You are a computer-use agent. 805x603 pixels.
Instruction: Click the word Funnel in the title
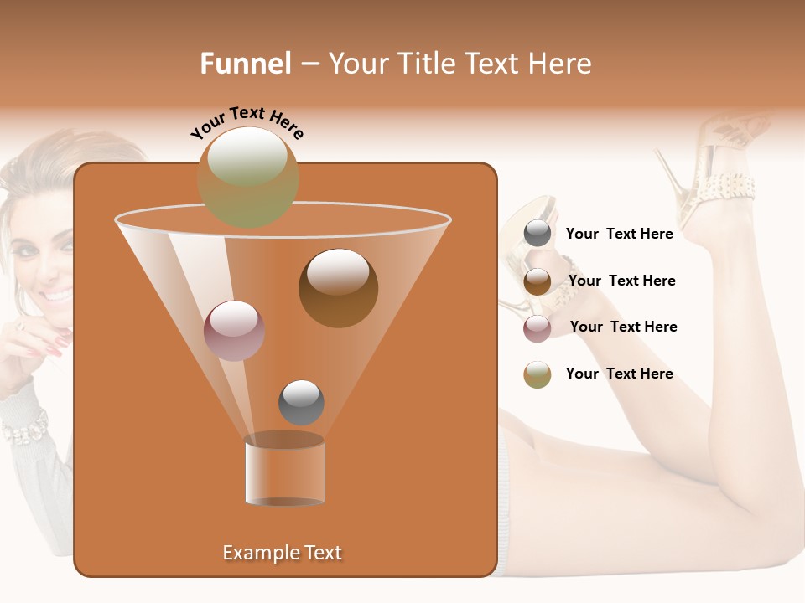pos(245,64)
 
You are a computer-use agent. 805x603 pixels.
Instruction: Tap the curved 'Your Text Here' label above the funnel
pos(247,122)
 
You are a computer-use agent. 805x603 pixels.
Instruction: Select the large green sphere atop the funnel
pos(248,177)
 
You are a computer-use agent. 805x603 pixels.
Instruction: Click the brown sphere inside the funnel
pos(338,287)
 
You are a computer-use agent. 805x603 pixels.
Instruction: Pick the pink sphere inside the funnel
pos(234,331)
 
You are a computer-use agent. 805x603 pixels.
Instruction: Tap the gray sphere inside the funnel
pos(301,402)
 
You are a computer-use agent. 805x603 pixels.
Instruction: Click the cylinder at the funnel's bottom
pos(284,471)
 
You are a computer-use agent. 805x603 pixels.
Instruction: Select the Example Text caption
pos(283,553)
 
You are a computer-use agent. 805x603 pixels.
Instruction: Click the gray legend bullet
pos(538,234)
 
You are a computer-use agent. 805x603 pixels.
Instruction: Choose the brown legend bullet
pos(538,281)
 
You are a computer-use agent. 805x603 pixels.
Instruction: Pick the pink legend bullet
pos(538,327)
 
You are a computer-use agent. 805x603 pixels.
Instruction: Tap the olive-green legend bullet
pos(538,374)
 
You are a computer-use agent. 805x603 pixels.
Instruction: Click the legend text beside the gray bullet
pos(619,234)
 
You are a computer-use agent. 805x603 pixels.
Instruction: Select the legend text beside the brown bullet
pos(621,281)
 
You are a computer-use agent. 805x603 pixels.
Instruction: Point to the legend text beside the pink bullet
pos(623,327)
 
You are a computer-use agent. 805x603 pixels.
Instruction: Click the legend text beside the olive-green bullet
pos(619,374)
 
